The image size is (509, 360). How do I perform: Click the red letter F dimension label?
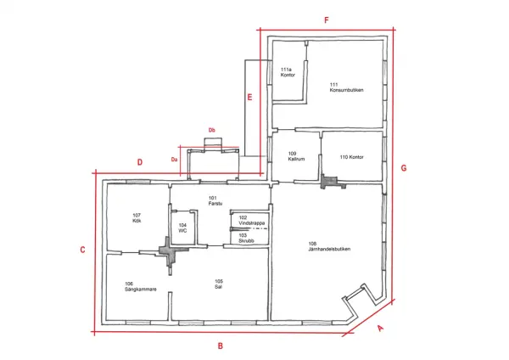pyautogui.click(x=327, y=20)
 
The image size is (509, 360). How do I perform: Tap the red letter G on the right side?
pyautogui.click(x=404, y=168)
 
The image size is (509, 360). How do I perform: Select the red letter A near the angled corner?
pyautogui.click(x=380, y=328)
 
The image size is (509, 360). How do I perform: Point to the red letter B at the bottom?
pyautogui.click(x=220, y=346)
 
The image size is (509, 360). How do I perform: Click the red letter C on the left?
pyautogui.click(x=82, y=250)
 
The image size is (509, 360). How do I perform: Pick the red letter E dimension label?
pyautogui.click(x=249, y=97)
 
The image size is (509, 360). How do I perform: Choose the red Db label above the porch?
pyautogui.click(x=211, y=130)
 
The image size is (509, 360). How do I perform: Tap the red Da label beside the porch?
pyautogui.click(x=174, y=160)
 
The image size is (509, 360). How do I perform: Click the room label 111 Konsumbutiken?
pyautogui.click(x=346, y=87)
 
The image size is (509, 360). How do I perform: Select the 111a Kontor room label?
pyautogui.click(x=288, y=72)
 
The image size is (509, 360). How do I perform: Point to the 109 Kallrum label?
pyautogui.click(x=296, y=156)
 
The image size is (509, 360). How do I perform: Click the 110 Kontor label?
pyautogui.click(x=351, y=157)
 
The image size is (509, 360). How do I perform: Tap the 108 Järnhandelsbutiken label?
pyautogui.click(x=329, y=246)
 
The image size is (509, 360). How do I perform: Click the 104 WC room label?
pyautogui.click(x=182, y=228)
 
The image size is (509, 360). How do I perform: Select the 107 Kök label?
pyautogui.click(x=137, y=218)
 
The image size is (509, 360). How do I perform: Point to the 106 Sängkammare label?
pyautogui.click(x=141, y=287)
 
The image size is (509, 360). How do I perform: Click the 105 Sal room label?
pyautogui.click(x=219, y=284)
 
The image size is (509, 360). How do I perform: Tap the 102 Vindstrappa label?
pyautogui.click(x=252, y=220)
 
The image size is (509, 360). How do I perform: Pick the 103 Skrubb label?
pyautogui.click(x=246, y=238)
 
